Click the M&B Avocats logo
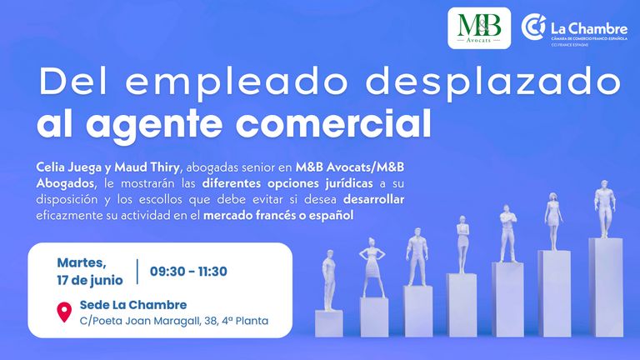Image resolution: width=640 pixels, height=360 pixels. pyautogui.click(x=479, y=28)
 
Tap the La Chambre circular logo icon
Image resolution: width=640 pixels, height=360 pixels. pyautogui.click(x=533, y=27)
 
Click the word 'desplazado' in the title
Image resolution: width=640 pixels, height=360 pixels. pyautogui.click(x=492, y=82)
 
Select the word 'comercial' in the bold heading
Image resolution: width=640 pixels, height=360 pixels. pyautogui.click(x=333, y=123)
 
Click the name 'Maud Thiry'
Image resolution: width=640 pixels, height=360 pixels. pyautogui.click(x=147, y=167)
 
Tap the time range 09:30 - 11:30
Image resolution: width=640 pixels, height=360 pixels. pyautogui.click(x=188, y=272)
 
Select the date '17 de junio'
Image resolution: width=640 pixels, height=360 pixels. pyautogui.click(x=90, y=280)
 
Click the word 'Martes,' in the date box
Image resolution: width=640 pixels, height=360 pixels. pyautogui.click(x=82, y=263)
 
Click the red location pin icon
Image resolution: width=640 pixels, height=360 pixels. pyautogui.click(x=64, y=312)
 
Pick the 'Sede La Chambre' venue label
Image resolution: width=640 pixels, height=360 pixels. pyautogui.click(x=133, y=305)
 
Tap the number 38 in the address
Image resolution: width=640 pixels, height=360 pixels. pyautogui.click(x=211, y=321)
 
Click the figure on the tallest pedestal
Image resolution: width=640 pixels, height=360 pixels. pyautogui.click(x=604, y=208)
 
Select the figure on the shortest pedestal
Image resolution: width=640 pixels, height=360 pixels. pyautogui.click(x=328, y=280)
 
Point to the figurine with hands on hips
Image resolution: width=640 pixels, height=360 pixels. pyautogui.click(x=372, y=267)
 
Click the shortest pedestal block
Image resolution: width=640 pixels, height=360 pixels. pyautogui.click(x=329, y=323)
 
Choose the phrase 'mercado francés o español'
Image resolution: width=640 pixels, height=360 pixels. pyautogui.click(x=278, y=216)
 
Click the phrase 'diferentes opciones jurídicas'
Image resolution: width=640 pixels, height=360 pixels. pyautogui.click(x=287, y=183)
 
